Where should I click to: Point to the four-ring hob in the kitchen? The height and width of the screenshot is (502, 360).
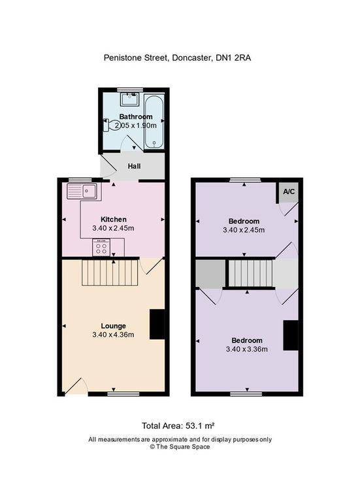pyautogui.click(x=101, y=248)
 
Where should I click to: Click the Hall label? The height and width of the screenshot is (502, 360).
pyautogui.click(x=134, y=167)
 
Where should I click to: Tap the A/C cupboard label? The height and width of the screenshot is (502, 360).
pyautogui.click(x=288, y=192)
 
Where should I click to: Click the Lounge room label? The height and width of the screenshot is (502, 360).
pyautogui.click(x=113, y=326)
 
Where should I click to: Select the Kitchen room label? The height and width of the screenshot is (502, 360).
pyautogui.click(x=113, y=219)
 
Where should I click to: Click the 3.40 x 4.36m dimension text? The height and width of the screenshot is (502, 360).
pyautogui.click(x=113, y=335)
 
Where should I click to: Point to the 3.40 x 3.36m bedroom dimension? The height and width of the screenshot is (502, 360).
pyautogui.click(x=246, y=350)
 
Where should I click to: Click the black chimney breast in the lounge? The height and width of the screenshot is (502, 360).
pyautogui.click(x=157, y=324)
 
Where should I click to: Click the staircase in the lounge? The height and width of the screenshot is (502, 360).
pyautogui.click(x=110, y=272)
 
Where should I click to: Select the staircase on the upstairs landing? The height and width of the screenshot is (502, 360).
pyautogui.click(x=250, y=273)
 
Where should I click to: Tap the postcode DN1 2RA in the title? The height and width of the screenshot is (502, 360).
pyautogui.click(x=234, y=58)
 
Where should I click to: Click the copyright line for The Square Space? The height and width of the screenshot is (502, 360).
pyautogui.click(x=180, y=447)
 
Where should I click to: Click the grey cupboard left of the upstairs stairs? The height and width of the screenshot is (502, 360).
pyautogui.click(x=209, y=273)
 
